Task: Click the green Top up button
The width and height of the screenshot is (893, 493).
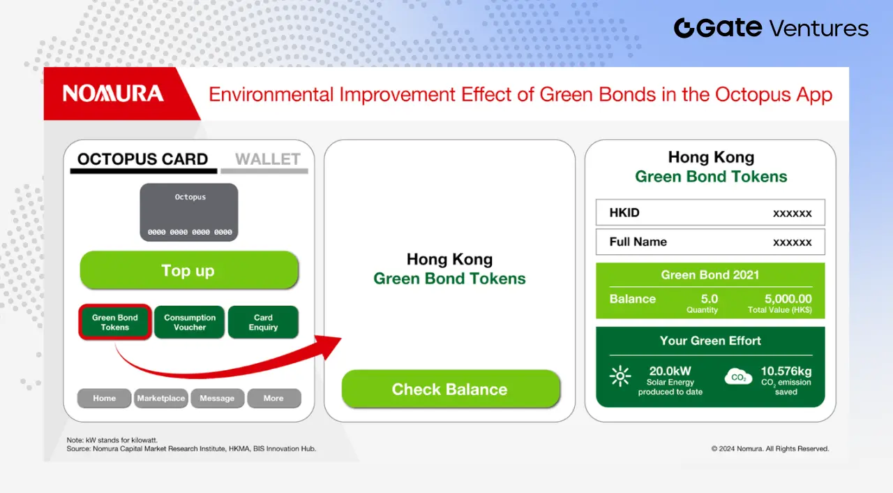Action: pos(189,270)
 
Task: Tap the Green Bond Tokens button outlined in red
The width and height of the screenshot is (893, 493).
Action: pos(115,323)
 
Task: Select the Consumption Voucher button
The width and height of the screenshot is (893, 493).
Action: pos(189,323)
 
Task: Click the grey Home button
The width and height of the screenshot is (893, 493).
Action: pos(104,398)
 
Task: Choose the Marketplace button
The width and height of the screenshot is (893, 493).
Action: pos(160,398)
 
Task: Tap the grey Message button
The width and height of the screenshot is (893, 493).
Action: pos(217,398)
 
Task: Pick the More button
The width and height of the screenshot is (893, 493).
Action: pos(274,398)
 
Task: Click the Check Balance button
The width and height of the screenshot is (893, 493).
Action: pos(451,389)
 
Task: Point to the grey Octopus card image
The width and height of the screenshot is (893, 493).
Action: pos(189,212)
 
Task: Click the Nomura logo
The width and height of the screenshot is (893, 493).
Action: pos(113,94)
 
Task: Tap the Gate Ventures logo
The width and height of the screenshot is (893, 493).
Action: pos(771,28)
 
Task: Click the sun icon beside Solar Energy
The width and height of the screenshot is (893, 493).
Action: pos(620,376)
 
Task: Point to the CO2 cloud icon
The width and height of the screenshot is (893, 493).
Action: pos(738,377)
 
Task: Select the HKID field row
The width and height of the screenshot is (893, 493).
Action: pos(710,212)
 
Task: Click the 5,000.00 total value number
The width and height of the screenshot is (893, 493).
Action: pos(788,299)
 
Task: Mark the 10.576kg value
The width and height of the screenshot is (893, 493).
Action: pos(786,371)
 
